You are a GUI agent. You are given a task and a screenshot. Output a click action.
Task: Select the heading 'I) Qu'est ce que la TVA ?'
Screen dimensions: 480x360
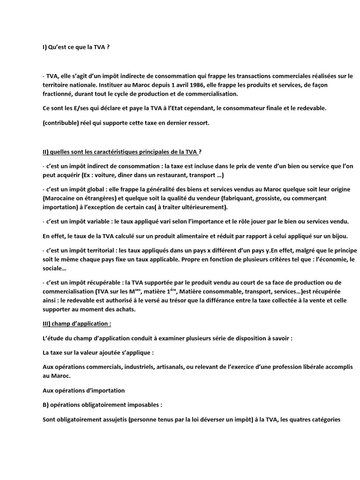[75, 47]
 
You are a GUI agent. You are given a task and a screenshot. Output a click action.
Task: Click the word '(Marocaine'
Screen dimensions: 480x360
[59, 199]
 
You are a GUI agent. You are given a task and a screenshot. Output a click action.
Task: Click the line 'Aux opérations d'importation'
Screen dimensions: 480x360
[83, 390]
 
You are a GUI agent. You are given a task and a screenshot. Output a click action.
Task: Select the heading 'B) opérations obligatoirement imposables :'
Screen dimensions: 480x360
[106, 404]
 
